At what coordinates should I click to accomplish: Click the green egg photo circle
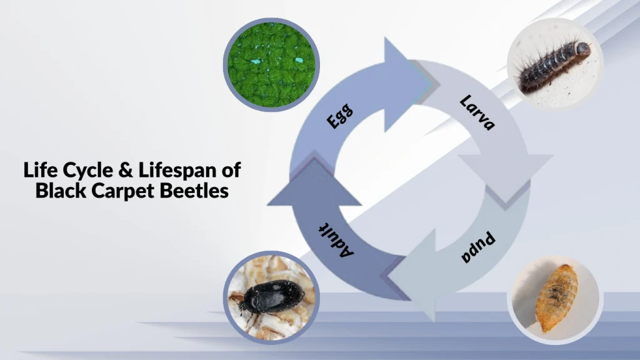[x=272, y=64]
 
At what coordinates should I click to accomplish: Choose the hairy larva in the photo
[x=553, y=65]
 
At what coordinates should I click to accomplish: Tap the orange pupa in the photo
[x=556, y=297]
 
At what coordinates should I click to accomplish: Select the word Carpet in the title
[x=119, y=190]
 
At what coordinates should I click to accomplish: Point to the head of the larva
[x=582, y=48]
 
